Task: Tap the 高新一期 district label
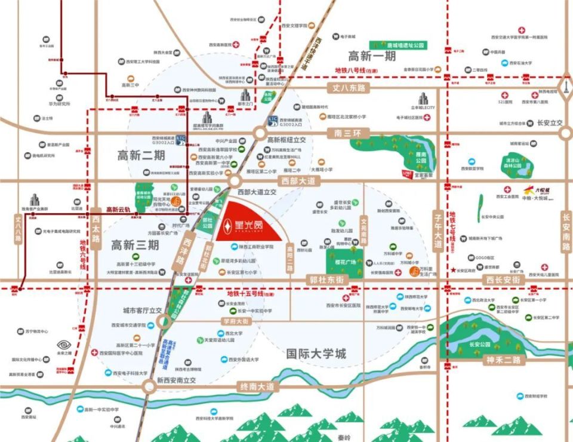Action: pos(372,56)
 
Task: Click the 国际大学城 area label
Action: pos(316,354)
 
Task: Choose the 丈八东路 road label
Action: pos(349,88)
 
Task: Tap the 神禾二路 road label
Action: pos(503,360)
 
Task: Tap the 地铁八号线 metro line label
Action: pos(356,71)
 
